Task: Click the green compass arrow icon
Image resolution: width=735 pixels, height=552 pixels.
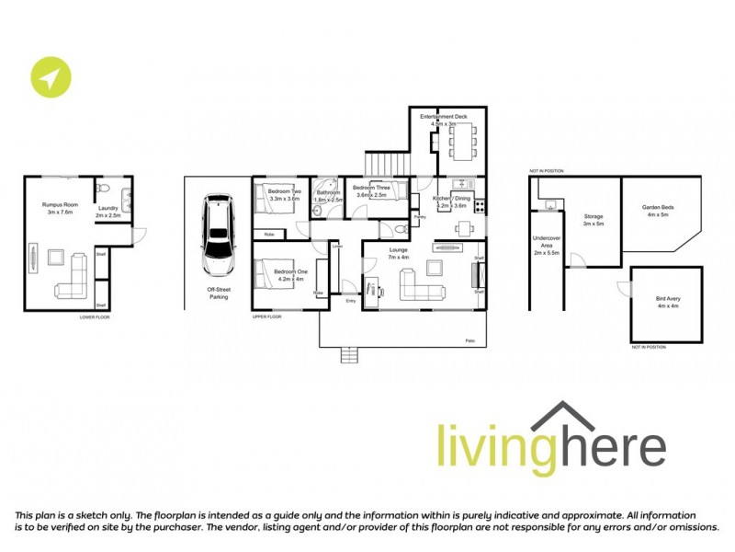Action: point(49,78)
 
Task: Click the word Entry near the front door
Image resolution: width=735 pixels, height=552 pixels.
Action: point(350,301)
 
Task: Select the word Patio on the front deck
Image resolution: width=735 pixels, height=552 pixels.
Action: point(470,341)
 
